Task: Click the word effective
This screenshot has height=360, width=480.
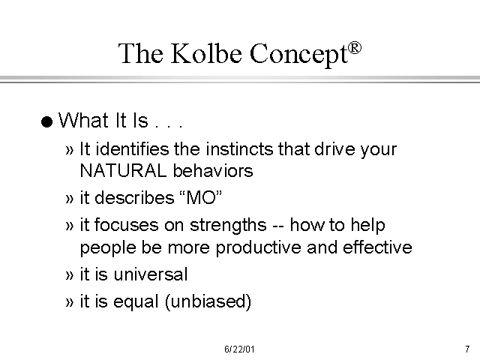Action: click(376, 247)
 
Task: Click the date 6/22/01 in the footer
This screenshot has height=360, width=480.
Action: click(240, 349)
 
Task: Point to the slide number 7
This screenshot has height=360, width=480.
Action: click(466, 349)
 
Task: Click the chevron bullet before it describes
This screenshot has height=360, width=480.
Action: click(70, 198)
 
